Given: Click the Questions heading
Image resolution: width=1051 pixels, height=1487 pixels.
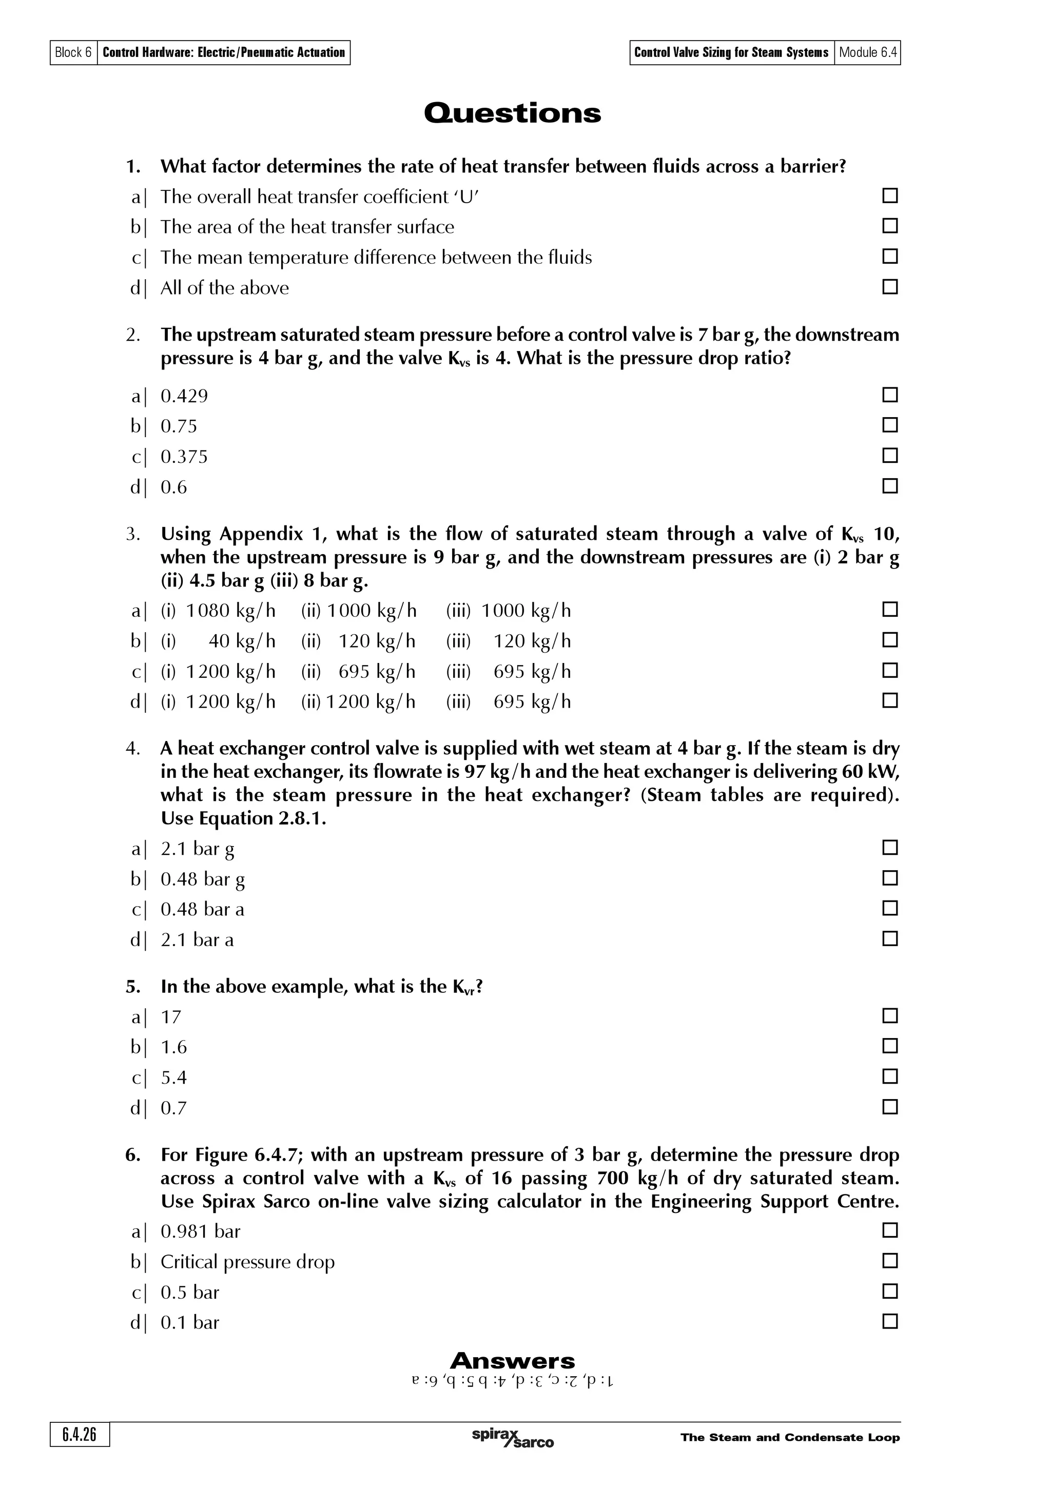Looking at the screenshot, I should [512, 113].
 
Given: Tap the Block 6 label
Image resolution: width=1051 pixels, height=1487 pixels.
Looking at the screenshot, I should [73, 52].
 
